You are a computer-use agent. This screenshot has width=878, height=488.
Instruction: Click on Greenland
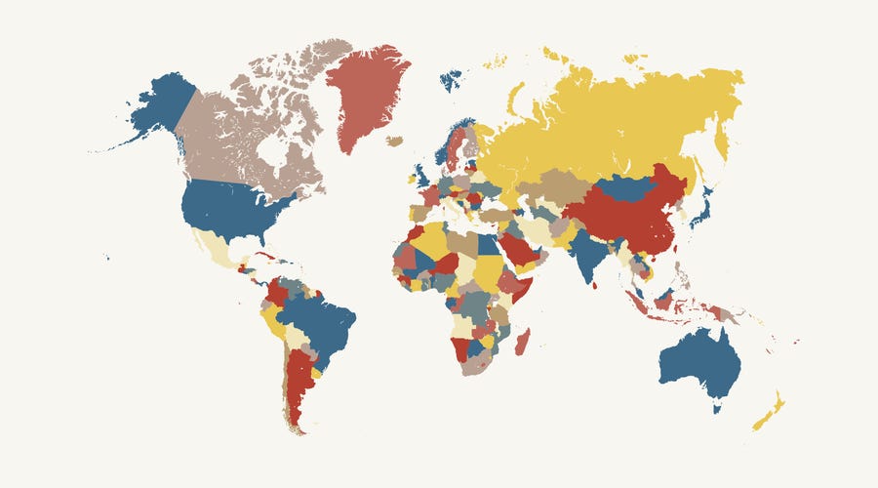click(x=366, y=93)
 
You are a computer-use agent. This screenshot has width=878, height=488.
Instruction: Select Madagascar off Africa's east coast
click(x=522, y=342)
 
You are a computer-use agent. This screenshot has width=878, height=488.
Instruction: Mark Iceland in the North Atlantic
click(x=394, y=142)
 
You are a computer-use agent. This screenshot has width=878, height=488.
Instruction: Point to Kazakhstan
click(x=551, y=185)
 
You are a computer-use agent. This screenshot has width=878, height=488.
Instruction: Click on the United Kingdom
click(x=420, y=177)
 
